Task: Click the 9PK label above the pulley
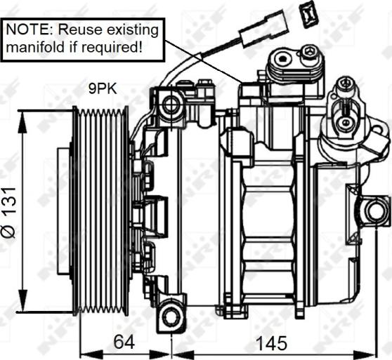(103, 88)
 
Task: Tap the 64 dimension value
(124, 342)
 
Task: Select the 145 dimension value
(272, 343)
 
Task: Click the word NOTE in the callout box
(28, 29)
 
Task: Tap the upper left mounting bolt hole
(171, 105)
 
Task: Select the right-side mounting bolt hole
(374, 211)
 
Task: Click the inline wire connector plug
(263, 28)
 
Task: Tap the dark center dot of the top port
(282, 59)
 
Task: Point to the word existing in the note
(132, 30)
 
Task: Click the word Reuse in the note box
(80, 29)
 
